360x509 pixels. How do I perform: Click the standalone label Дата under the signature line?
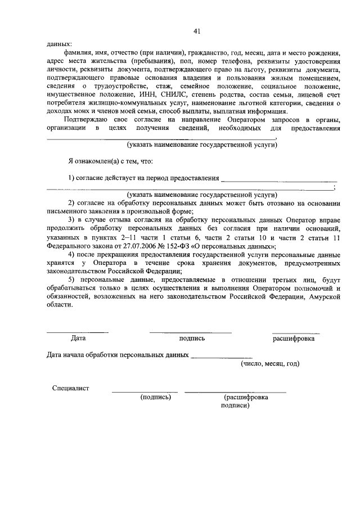78,339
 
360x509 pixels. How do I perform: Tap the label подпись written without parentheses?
192,339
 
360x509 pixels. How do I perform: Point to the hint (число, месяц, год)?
270,363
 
